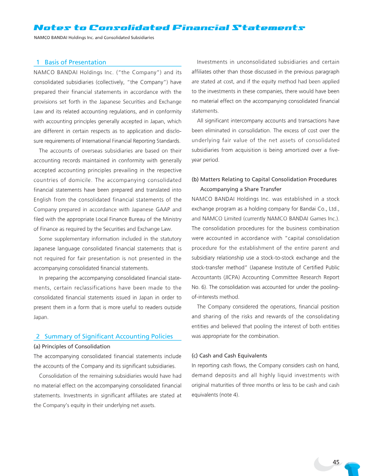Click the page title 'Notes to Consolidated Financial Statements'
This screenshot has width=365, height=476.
point(169,28)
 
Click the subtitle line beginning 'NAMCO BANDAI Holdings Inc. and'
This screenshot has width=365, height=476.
point(94,37)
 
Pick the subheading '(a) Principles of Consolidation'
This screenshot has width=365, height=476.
point(72,346)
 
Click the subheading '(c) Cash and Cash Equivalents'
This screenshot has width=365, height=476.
point(229,355)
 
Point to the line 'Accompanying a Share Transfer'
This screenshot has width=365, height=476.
point(241,189)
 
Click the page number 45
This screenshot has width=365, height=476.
point(336,462)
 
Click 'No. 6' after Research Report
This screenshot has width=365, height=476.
point(198,287)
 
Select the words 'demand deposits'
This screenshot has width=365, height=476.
point(213,375)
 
